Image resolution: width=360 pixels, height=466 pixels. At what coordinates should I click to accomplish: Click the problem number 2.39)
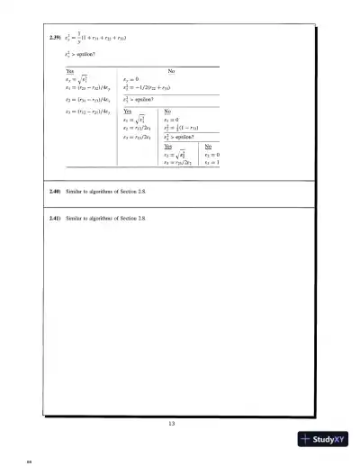click(55, 38)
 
